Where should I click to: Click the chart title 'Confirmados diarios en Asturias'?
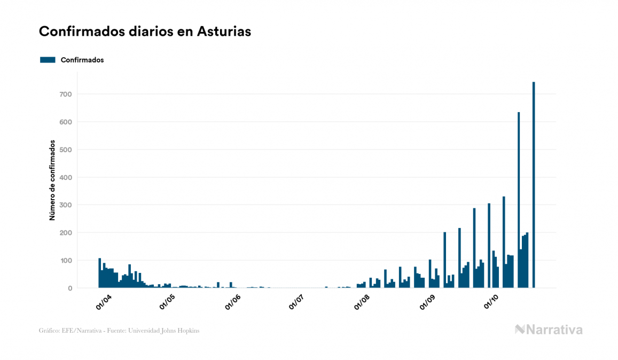[145, 32]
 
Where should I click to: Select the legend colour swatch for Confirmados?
[48, 60]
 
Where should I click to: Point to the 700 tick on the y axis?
[66, 95]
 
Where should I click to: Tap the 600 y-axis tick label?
[66, 122]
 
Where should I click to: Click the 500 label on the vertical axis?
[66, 150]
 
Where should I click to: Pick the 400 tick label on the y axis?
[66, 177]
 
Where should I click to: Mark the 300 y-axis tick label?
[66, 205]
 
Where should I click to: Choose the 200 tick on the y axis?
[66, 233]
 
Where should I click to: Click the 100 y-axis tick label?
[66, 261]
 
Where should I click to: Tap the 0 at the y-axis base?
[70, 288]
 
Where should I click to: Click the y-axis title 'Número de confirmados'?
[52, 181]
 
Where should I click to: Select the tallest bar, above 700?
[534, 185]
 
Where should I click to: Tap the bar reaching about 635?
[519, 200]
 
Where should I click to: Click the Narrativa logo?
[549, 330]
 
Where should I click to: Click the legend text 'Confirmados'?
[82, 60]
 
